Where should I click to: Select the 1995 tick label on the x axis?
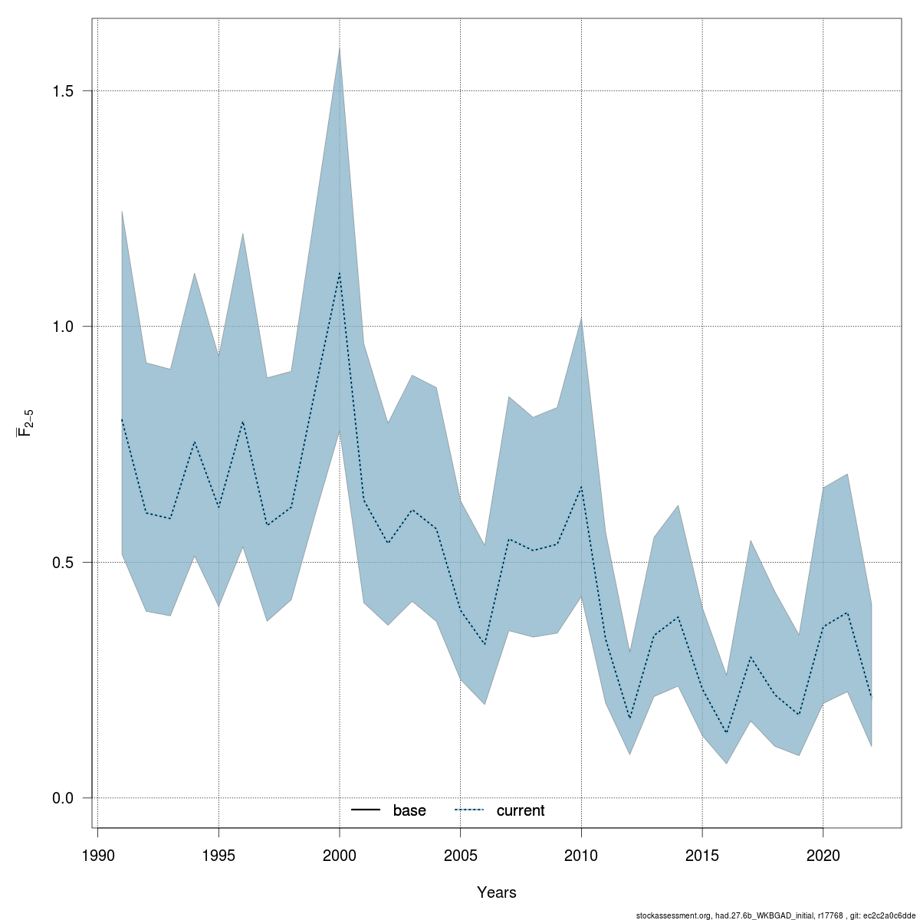pos(219,855)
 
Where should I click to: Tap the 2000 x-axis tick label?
pos(340,855)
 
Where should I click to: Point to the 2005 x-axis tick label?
pos(460,855)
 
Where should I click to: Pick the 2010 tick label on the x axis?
pos(581,855)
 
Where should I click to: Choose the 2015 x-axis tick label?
pos(702,855)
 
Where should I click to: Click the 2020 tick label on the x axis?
pos(823,855)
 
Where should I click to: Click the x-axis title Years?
pos(497,892)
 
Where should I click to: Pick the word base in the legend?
pos(409,810)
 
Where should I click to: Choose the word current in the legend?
pos(521,810)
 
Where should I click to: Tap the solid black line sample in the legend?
pos(367,810)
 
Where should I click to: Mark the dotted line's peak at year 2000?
pos(340,273)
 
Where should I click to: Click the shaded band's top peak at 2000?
pos(340,48)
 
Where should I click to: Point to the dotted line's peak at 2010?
pos(581,487)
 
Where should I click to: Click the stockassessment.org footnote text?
pos(776,915)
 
